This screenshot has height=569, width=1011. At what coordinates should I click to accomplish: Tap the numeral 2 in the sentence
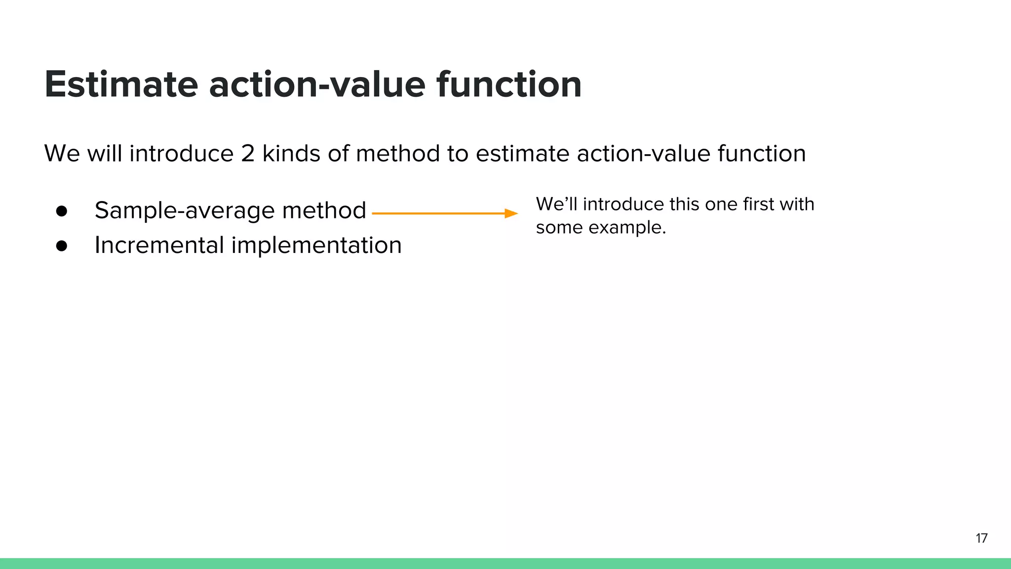click(248, 154)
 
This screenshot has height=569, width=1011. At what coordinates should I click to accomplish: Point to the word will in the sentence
click(105, 154)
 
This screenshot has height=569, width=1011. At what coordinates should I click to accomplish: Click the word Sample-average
click(184, 211)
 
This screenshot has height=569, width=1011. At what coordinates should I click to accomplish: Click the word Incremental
click(159, 245)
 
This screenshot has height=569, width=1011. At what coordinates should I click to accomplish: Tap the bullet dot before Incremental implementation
click(62, 246)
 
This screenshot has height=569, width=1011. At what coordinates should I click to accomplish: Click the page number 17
click(981, 538)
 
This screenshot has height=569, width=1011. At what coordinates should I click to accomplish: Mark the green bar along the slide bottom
click(505, 564)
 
